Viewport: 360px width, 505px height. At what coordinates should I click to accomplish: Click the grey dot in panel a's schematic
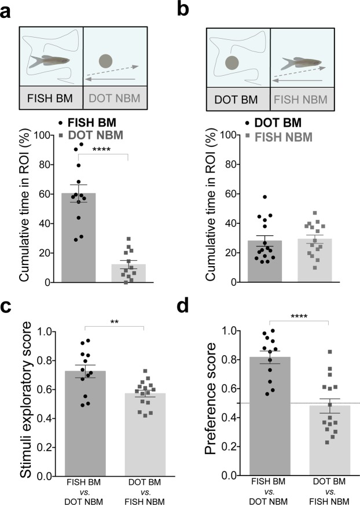(x=105, y=61)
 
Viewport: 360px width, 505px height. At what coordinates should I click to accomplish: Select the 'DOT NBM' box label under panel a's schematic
(x=110, y=99)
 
